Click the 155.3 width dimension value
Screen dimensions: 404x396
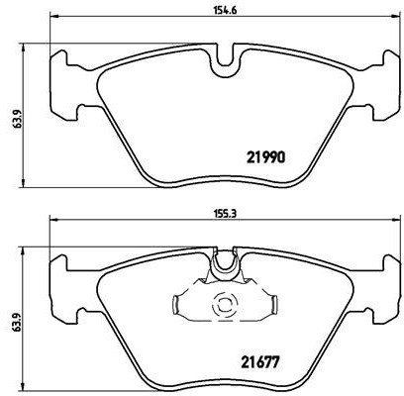224,214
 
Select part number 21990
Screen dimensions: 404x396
265,158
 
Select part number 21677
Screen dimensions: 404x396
260,362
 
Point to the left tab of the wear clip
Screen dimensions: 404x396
176,304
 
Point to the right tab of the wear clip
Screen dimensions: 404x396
273,304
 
